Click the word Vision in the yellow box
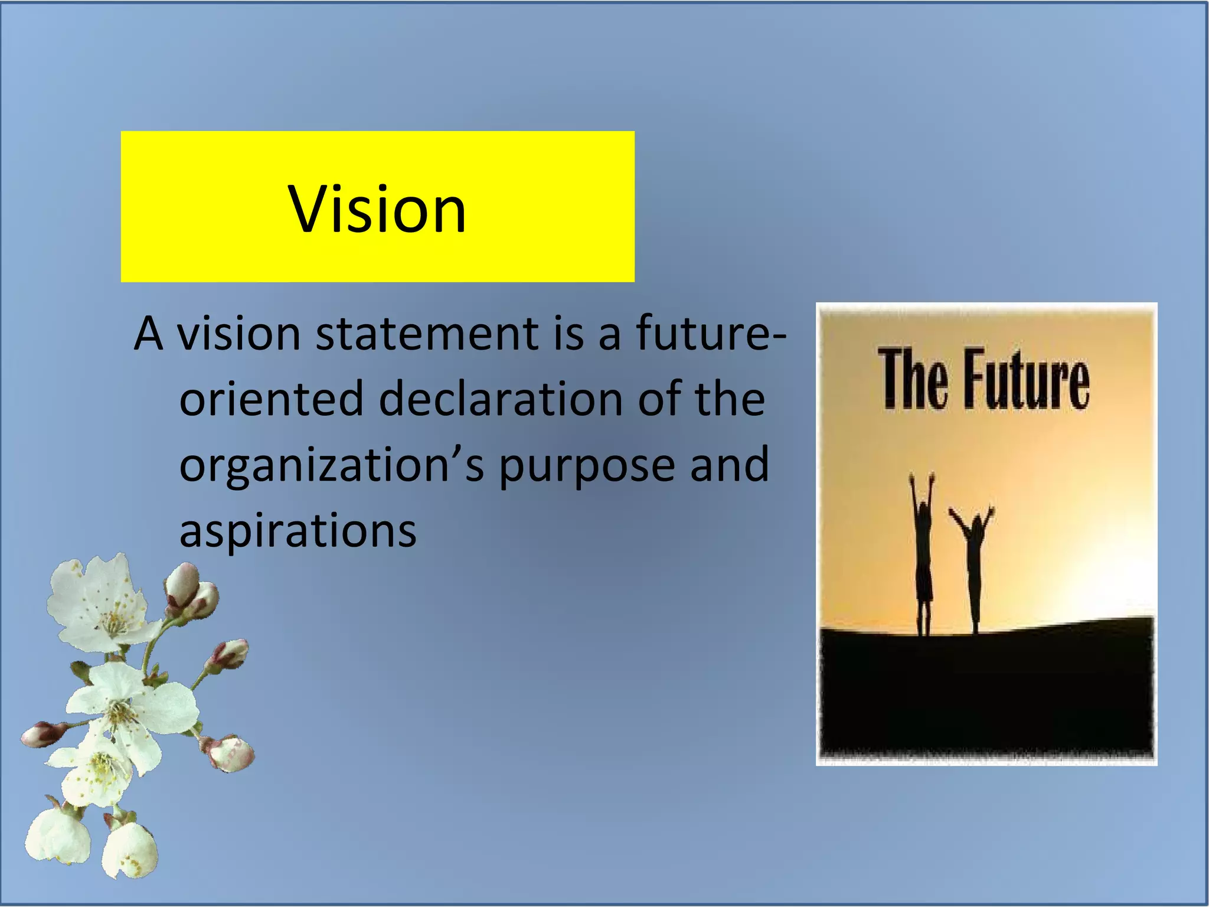(377, 210)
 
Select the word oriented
(272, 399)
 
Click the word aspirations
(298, 530)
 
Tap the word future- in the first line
(711, 334)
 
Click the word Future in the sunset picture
(1027, 379)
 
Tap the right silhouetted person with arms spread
(975, 567)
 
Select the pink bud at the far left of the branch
(41, 734)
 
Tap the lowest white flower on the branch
(127, 847)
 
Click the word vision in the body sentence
(239, 334)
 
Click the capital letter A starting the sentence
(148, 334)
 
